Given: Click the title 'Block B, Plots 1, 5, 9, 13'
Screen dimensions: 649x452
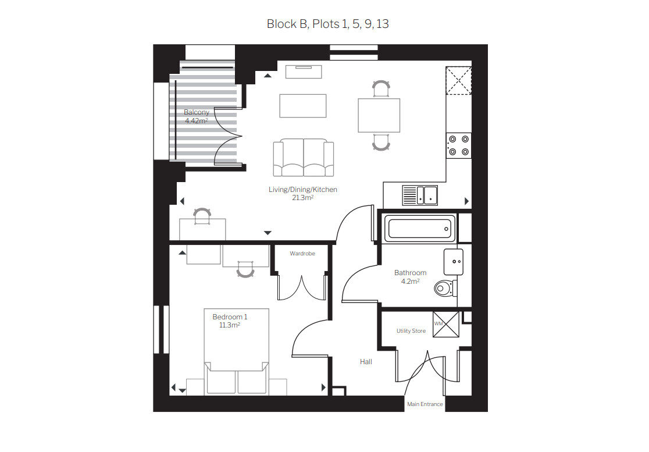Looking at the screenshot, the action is pos(327,24).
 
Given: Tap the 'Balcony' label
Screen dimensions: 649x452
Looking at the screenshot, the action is pos(197,112).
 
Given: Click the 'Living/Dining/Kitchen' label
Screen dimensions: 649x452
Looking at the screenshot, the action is pos(303,190).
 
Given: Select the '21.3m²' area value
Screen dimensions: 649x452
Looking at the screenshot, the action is pos(302,198).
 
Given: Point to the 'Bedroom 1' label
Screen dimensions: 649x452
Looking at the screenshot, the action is pos(230,317).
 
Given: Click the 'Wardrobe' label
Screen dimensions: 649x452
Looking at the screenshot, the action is pos(302,253).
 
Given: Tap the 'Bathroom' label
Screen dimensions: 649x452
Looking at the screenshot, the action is pos(410,273).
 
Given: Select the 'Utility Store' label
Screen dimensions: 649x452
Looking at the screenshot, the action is pos(411,331).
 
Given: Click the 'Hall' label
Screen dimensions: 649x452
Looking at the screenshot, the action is pos(366,362).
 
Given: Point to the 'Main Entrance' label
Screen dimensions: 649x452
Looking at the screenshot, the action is pos(425,404).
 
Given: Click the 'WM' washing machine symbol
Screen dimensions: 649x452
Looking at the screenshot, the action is pos(446,324).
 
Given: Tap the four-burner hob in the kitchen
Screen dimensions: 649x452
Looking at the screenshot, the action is pos(459,145).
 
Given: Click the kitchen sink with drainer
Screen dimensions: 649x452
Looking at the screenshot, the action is pos(420,195).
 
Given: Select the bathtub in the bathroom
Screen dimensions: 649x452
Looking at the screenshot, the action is pos(420,228).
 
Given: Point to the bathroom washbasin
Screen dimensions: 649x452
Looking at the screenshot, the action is pos(453,262).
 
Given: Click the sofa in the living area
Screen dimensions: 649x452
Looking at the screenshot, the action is pos(304,158).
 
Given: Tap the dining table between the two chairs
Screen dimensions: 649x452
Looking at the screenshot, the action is pos(379,115).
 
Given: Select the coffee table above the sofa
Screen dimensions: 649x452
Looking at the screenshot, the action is pos(303,106).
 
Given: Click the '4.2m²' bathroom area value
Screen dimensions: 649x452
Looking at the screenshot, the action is pos(410,282).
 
